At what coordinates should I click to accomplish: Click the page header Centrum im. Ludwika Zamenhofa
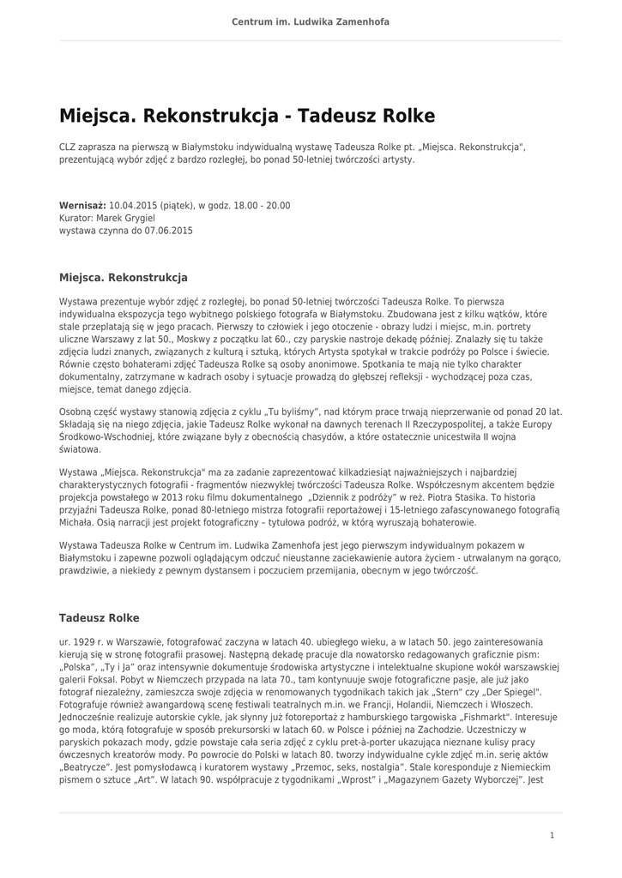pos(311,21)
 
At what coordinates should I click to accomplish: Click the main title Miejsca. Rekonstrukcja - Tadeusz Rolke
pos(247,115)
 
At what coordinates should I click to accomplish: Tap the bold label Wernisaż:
pos(82,206)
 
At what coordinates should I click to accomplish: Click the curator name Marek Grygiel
pos(125,219)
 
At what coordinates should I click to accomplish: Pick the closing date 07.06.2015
pos(168,231)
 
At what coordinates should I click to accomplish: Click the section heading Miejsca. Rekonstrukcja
pos(123,278)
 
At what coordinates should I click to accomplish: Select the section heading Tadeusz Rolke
pos(99,617)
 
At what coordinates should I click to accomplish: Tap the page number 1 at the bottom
pos(553,834)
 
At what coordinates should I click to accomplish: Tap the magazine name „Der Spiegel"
pos(513,691)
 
